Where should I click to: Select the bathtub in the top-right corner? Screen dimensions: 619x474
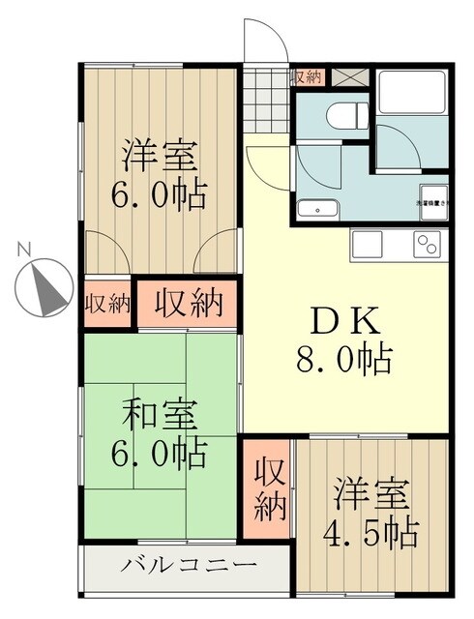point(411,94)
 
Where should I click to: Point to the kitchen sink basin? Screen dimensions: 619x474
point(373,245)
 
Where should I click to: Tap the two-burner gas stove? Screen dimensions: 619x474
point(427,245)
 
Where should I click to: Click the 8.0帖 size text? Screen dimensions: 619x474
point(343,360)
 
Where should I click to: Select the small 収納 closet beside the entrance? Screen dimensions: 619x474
point(307,76)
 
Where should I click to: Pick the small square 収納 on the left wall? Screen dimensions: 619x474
point(106,303)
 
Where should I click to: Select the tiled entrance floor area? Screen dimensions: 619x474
point(265,101)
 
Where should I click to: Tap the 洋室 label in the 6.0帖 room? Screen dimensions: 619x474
point(159,155)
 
